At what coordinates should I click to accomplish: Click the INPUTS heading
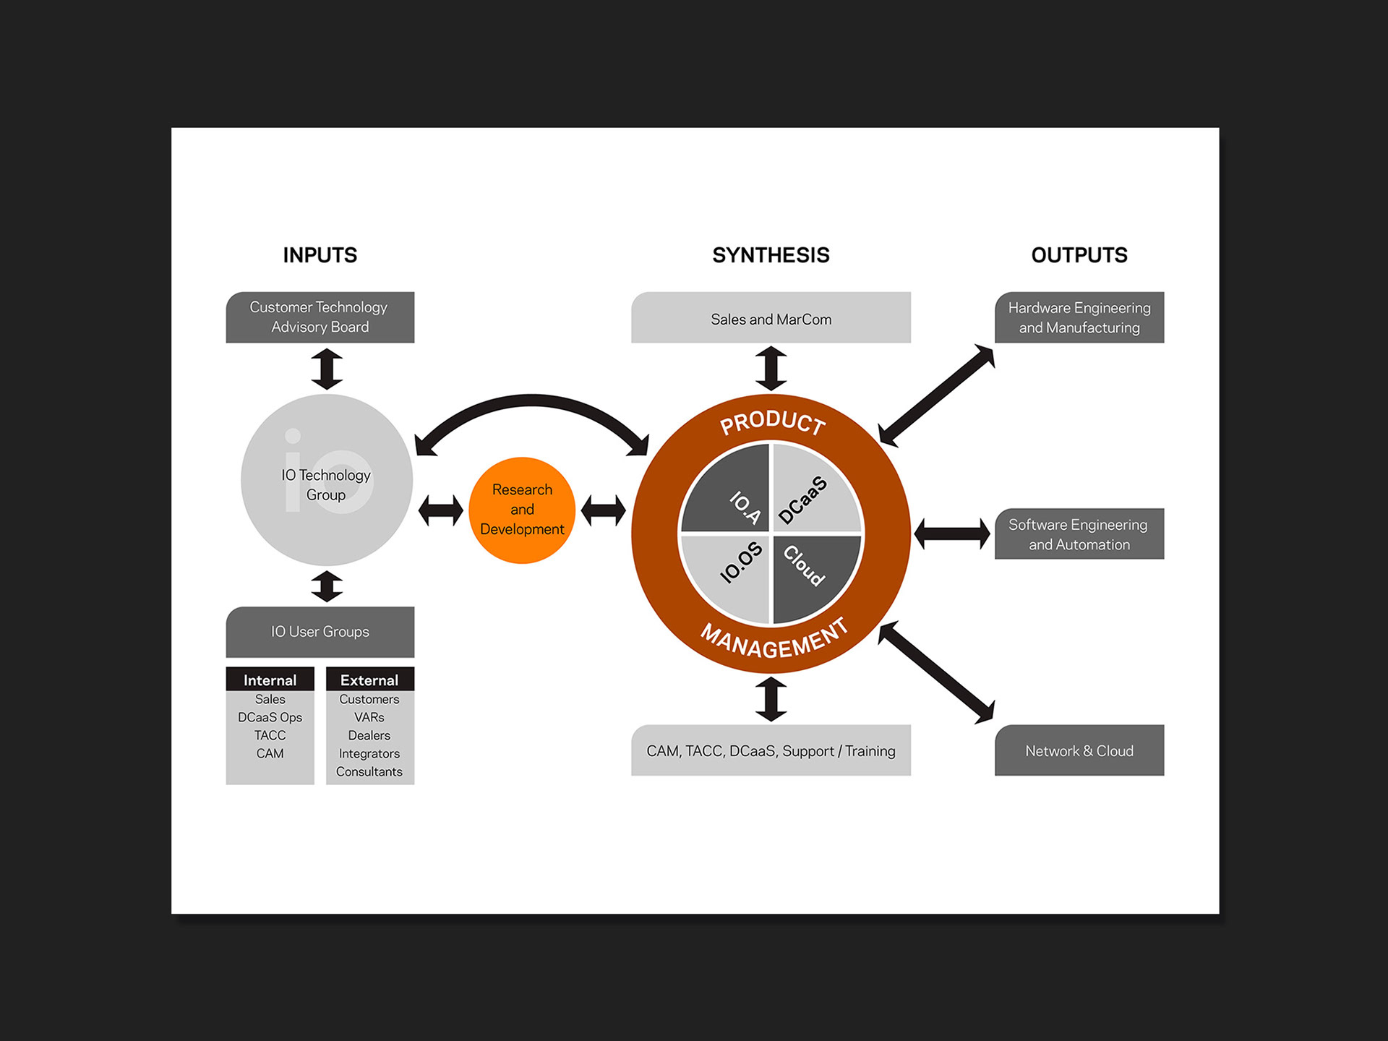coord(320,255)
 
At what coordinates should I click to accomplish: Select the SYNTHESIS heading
coord(771,255)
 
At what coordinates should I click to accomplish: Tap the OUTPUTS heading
coord(1079,255)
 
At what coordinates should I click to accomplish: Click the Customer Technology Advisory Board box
coord(320,317)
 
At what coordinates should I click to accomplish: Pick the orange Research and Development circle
coord(522,510)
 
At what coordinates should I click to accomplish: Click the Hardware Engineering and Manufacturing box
coord(1079,317)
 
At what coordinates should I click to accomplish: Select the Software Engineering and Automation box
coord(1079,534)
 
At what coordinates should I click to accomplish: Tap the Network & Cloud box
coord(1079,751)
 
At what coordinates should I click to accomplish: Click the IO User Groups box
coord(320,632)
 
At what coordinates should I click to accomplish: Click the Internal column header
coord(270,680)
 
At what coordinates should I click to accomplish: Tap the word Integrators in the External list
coord(369,753)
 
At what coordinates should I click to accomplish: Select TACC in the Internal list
coord(270,735)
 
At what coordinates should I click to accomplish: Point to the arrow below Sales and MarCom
coord(771,369)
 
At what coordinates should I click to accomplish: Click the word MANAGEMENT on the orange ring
coord(774,641)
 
